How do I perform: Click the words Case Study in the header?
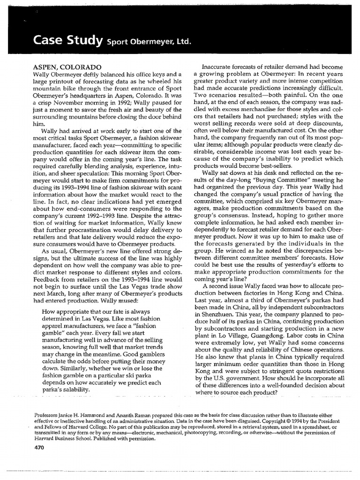coord(67,42)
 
